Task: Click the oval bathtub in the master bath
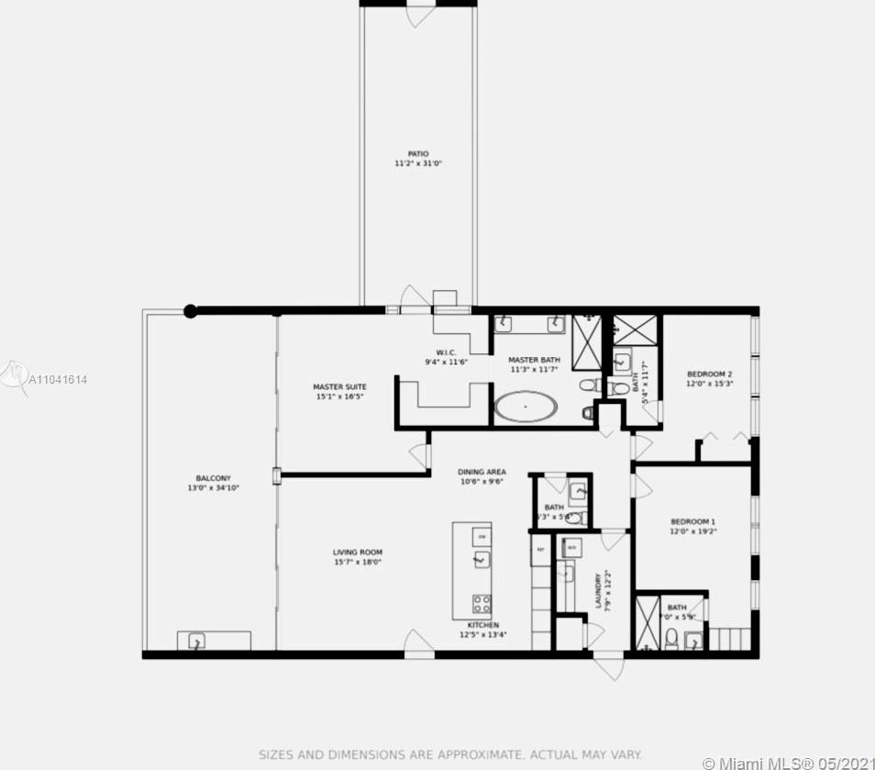point(526,407)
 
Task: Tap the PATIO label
point(418,154)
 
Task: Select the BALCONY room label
point(213,478)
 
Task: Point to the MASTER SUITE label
point(339,387)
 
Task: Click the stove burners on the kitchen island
point(481,603)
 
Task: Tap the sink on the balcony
point(196,642)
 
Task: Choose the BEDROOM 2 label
point(709,374)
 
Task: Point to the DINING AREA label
point(482,473)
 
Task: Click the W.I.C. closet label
point(447,352)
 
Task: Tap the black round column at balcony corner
point(190,311)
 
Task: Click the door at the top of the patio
point(419,13)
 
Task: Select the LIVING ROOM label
point(357,552)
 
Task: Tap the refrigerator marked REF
point(539,552)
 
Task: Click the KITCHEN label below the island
point(482,625)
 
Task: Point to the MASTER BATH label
point(528,361)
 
